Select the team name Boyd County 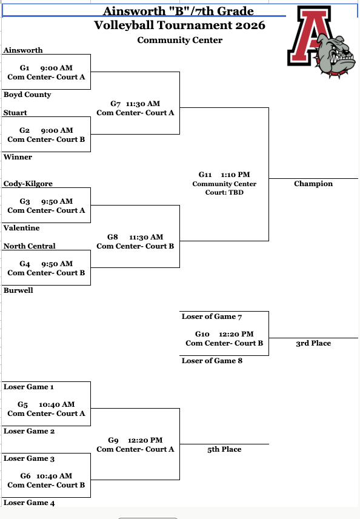[27, 95]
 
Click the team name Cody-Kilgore [28, 184]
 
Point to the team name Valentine [21, 228]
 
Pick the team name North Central [30, 246]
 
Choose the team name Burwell [19, 290]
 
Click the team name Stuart [15, 113]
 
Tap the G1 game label [25, 68]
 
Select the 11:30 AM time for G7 [143, 104]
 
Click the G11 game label [205, 175]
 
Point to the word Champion [313, 184]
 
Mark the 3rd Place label [313, 344]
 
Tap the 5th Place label [224, 449]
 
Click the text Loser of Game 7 [212, 316]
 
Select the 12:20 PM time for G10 [236, 334]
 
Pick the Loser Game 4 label [29, 503]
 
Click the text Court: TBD [224, 193]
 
